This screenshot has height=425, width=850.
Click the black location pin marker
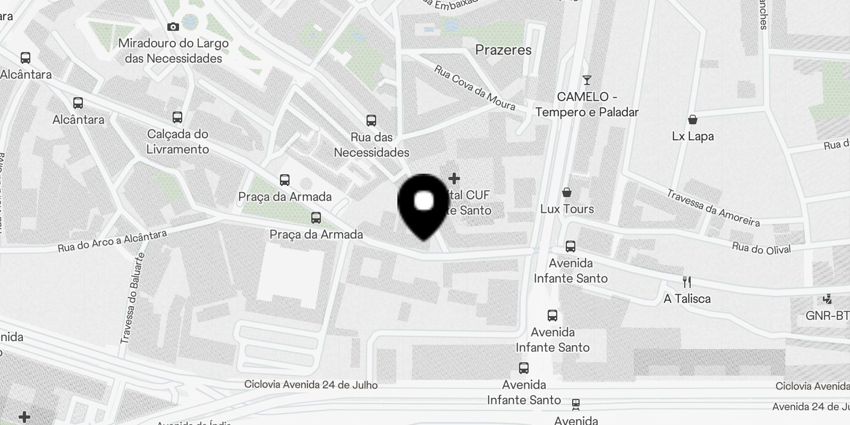423,205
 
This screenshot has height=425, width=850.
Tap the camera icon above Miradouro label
173,27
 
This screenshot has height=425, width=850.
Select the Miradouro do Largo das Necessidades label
173,51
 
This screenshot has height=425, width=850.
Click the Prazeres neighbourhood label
503,50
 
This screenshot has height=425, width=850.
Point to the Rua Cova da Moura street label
474,88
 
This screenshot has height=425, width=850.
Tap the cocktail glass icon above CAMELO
586,80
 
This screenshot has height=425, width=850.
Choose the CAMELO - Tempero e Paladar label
586,105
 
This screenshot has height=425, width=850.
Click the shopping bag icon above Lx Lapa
692,120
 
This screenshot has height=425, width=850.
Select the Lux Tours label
567,209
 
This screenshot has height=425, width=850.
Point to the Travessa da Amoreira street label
713,208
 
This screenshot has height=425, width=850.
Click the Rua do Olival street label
761,248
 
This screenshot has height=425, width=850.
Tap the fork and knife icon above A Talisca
687,282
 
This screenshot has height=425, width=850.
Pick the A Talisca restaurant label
687,299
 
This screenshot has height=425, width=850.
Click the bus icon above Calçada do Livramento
177,117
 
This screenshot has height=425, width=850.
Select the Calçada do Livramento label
177,141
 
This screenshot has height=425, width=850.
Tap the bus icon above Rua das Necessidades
371,121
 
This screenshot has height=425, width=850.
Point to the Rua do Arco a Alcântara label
112,241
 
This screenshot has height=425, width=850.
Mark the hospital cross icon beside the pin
454,178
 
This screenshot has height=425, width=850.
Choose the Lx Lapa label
692,136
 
